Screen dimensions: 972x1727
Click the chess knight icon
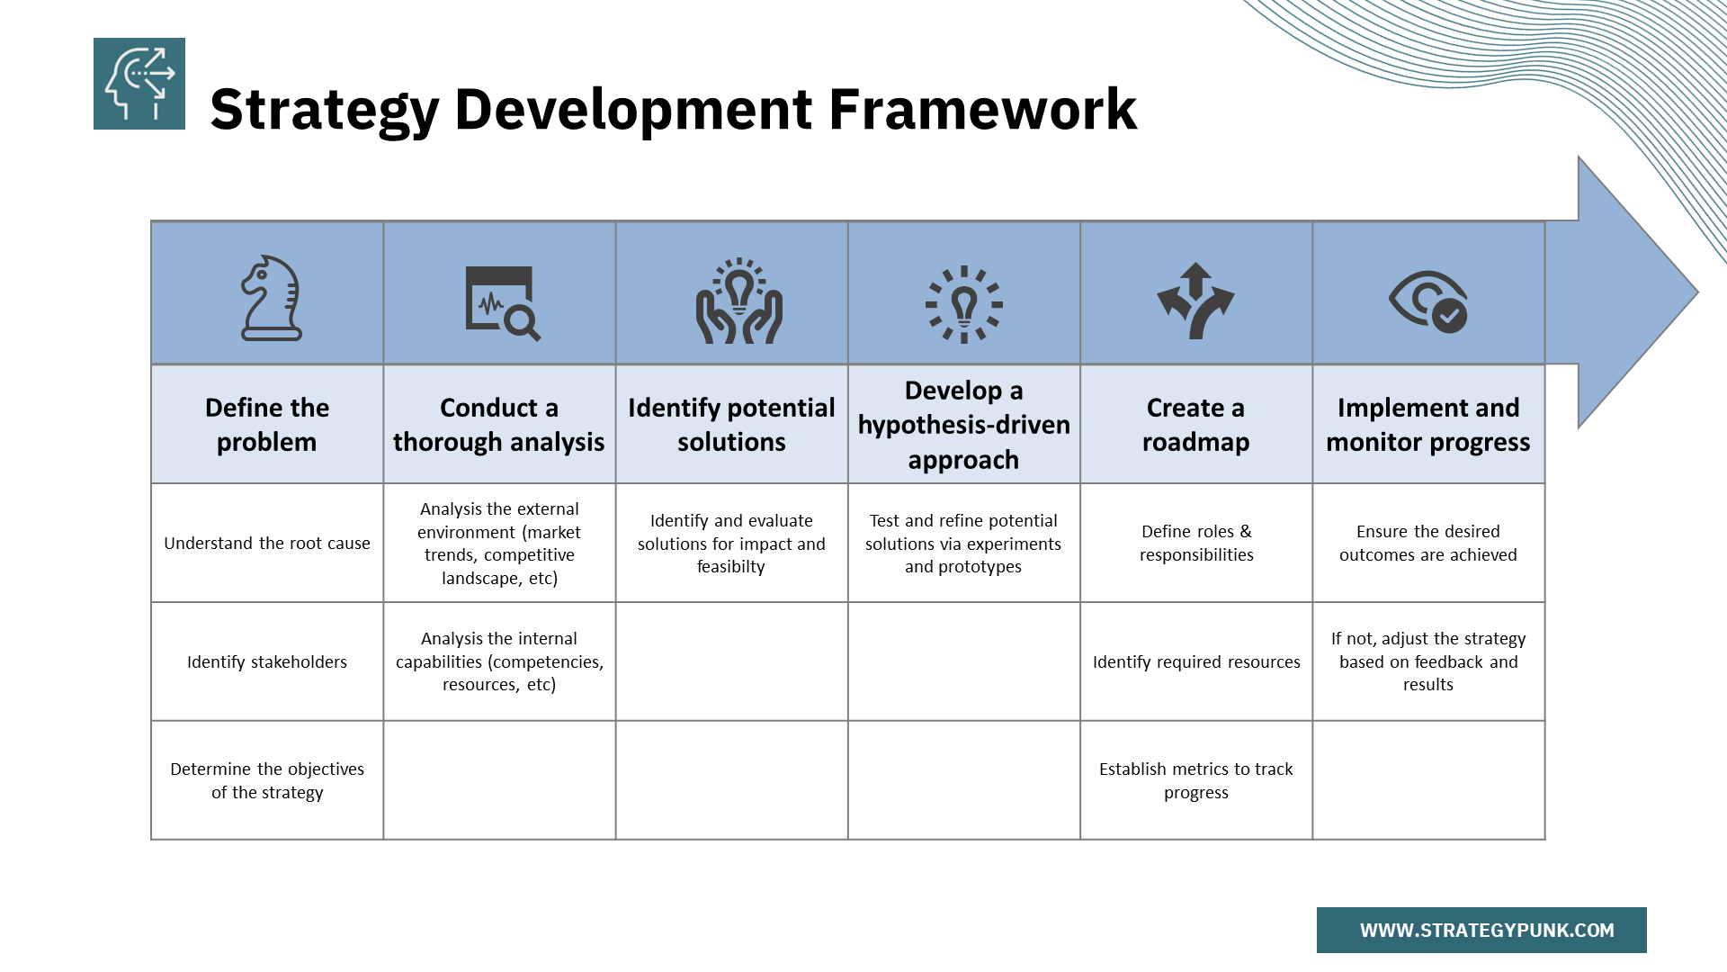pos(271,298)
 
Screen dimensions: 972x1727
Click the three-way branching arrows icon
pos(1195,301)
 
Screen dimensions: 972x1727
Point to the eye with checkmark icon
pos(1428,301)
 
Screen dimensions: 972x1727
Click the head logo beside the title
pos(139,84)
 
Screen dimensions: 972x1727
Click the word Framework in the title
pos(982,110)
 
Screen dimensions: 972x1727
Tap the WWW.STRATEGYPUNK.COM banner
pos(1481,930)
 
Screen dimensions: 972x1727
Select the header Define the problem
pos(267,425)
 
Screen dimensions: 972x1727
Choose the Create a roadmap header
pos(1195,425)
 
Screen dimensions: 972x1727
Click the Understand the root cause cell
pos(267,544)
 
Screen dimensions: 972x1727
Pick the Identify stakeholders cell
pos(267,662)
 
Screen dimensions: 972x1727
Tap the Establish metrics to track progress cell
pos(1195,780)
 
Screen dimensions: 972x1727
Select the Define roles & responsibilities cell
pos(1195,544)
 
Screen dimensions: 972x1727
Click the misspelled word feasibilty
pos(730,567)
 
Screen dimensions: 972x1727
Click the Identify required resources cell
pos(1195,662)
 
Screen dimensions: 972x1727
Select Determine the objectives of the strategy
pos(267,780)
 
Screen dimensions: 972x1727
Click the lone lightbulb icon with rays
pos(963,304)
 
